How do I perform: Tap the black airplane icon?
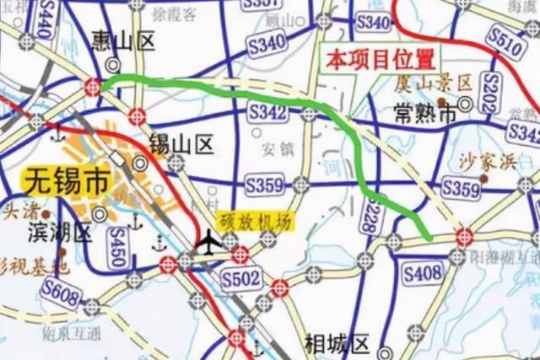(x=206, y=242)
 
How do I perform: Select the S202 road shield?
(x=489, y=89)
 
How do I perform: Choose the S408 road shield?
(x=423, y=272)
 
